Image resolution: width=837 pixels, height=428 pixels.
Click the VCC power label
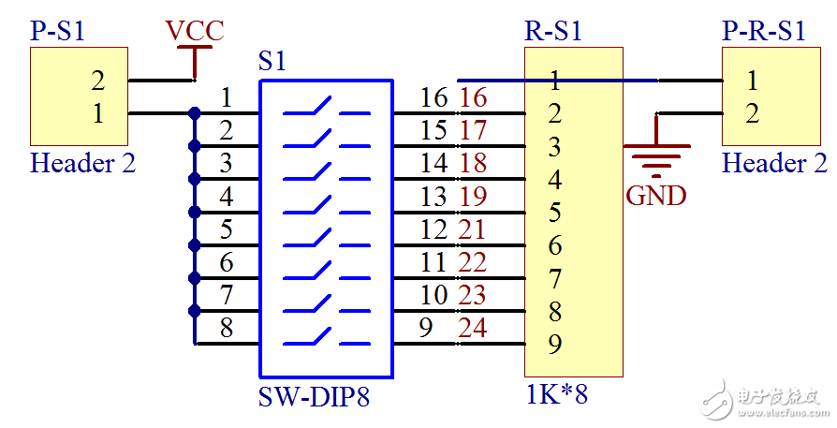[195, 30]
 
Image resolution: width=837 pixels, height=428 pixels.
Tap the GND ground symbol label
[656, 196]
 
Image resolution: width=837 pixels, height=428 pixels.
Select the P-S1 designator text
[58, 30]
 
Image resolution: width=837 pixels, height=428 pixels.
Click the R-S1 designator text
[552, 30]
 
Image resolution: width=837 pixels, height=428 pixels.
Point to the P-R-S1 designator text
[764, 30]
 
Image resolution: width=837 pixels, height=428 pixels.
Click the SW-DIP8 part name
[314, 398]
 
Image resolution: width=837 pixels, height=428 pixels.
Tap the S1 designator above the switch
[272, 62]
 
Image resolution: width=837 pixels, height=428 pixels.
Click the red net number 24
[473, 328]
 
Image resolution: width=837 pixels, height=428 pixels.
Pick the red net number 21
[473, 229]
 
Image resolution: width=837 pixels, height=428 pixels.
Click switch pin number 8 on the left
[227, 328]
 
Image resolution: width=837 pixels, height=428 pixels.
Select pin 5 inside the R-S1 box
[555, 213]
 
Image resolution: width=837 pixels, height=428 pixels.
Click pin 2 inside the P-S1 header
[97, 80]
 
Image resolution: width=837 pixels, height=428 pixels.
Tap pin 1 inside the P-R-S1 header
[753, 80]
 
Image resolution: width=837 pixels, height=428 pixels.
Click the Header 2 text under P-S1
[83, 163]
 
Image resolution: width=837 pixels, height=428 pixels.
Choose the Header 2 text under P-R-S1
[774, 163]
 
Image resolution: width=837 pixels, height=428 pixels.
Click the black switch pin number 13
[433, 197]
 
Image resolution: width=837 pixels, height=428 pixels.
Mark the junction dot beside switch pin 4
[195, 212]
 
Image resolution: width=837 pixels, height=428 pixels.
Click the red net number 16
[474, 96]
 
